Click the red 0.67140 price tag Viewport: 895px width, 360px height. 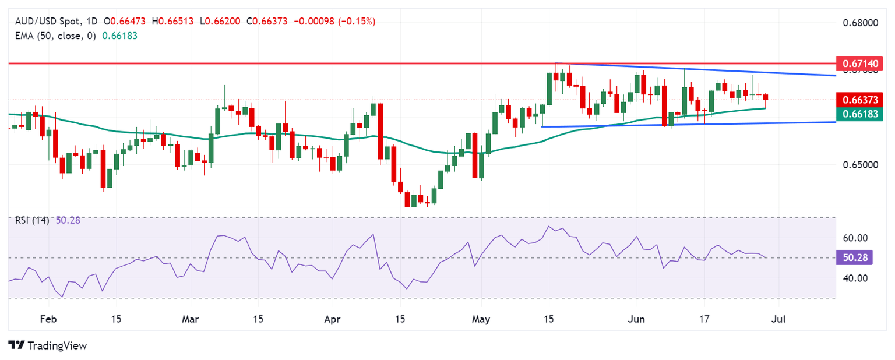860,62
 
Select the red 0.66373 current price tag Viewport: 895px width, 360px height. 860,99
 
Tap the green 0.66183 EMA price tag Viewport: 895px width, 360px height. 860,114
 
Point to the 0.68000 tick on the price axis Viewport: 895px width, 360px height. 860,23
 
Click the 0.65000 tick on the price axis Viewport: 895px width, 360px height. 860,165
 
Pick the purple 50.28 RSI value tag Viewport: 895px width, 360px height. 854,257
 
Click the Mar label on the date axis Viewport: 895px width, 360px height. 191,319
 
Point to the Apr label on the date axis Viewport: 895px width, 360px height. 332,319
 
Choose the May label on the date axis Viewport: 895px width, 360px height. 481,319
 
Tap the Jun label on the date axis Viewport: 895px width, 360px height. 636,319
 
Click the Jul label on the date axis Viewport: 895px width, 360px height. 778,319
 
